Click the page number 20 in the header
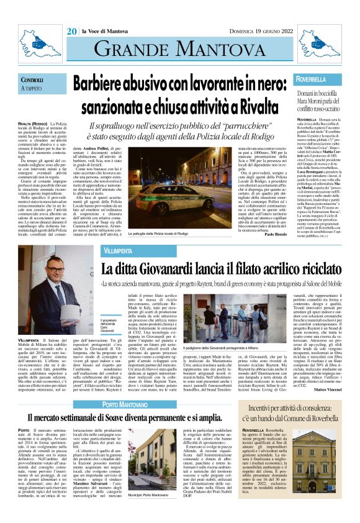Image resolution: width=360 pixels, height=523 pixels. pos(72,30)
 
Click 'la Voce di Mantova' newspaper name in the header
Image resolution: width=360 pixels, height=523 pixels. pos(106,30)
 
